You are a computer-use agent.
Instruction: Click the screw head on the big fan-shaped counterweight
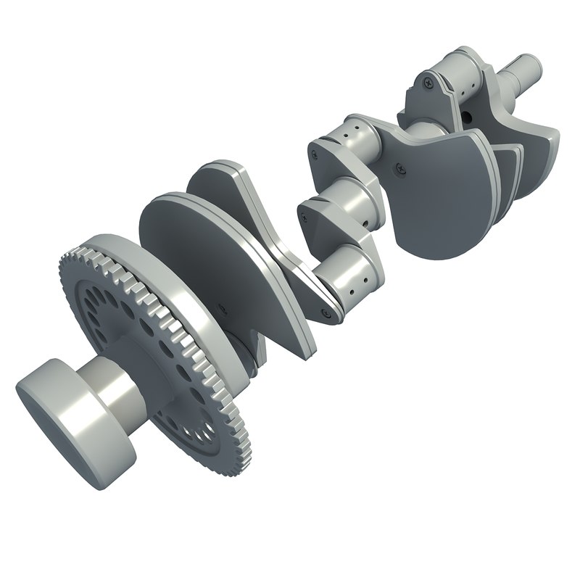tap(399, 170)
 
